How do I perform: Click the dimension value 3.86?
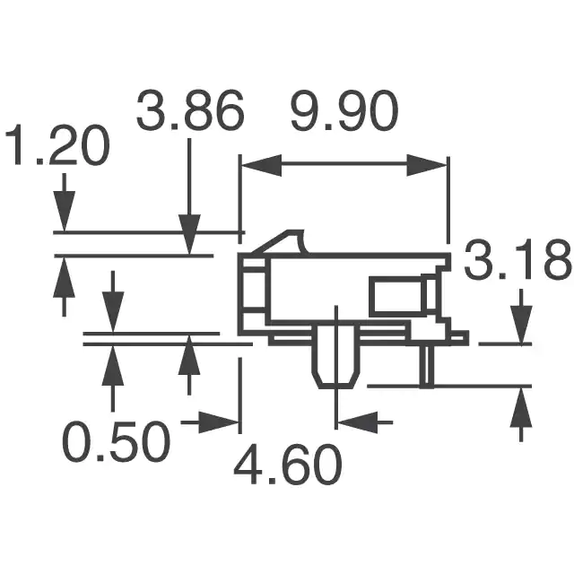coord(189,109)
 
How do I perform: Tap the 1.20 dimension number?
coord(57,145)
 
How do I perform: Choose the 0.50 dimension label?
coord(117,442)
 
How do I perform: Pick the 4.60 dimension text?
coord(288,465)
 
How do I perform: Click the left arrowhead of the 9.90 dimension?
coord(261,165)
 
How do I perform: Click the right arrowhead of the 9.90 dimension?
coord(427,165)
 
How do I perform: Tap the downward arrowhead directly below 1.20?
coord(65,212)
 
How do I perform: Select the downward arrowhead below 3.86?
coord(189,234)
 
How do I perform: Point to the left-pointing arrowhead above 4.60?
coord(357,422)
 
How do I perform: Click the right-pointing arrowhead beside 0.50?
coord(219,422)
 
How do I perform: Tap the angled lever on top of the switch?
coord(281,242)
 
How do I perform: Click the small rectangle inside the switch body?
coord(397,297)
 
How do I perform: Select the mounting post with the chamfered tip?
coord(335,357)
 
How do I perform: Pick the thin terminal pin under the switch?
coord(427,366)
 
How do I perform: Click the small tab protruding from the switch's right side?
coord(459,337)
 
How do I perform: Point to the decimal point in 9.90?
coord(326,127)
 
